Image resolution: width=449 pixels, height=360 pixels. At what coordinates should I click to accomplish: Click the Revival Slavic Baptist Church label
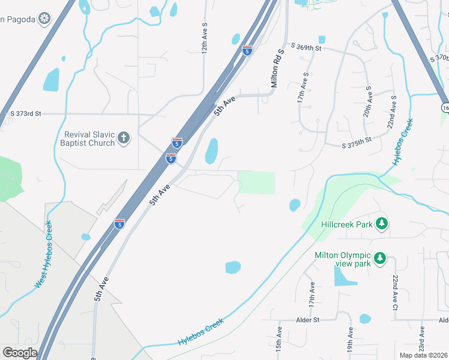(88, 139)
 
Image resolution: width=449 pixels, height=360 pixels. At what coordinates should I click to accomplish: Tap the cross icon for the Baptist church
(124, 139)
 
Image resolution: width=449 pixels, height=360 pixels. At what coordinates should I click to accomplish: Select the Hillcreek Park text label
(347, 224)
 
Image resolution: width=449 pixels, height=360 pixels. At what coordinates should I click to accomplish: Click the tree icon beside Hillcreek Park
(381, 224)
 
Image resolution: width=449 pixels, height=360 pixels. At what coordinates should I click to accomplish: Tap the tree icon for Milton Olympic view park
(379, 259)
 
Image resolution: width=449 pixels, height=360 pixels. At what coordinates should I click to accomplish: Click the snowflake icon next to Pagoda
(44, 19)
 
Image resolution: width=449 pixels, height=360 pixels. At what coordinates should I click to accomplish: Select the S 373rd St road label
(26, 113)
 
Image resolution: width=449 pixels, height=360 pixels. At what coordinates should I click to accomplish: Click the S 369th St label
(306, 46)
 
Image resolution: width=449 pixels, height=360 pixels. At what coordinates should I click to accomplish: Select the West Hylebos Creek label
(43, 254)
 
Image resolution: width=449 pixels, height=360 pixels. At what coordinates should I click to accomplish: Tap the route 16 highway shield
(444, 107)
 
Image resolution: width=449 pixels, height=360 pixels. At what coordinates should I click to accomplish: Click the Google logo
(20, 352)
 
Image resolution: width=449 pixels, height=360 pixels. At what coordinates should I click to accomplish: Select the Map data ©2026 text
(423, 355)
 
